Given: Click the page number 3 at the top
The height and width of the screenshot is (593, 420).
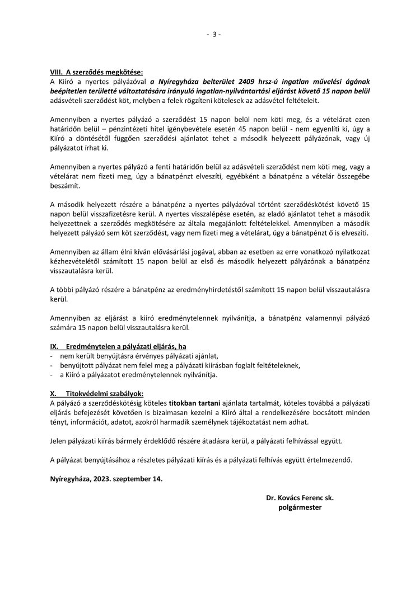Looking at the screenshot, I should coord(214,34).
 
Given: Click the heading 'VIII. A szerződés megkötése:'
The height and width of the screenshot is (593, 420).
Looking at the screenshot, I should coord(97,72).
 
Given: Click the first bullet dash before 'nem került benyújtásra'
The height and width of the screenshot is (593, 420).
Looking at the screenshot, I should coord(52,356).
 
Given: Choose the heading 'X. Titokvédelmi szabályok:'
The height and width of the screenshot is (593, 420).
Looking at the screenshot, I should coord(97,393).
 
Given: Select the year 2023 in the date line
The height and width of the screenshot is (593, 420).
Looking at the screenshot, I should coord(108,479).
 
